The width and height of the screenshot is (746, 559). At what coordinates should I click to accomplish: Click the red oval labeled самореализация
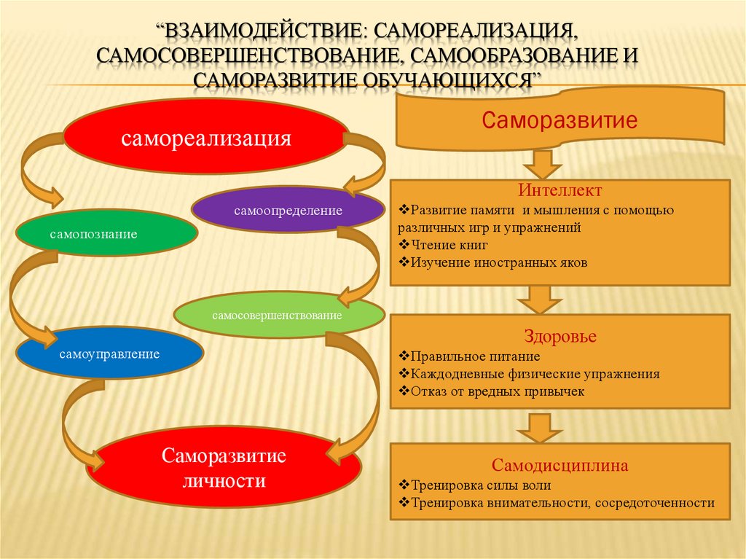click(205, 137)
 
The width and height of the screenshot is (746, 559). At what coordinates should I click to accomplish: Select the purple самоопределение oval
click(288, 210)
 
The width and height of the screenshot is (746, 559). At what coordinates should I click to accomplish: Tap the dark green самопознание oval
click(106, 232)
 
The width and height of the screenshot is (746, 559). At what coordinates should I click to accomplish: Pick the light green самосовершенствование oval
click(279, 315)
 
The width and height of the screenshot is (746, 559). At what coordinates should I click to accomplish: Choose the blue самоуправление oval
click(110, 353)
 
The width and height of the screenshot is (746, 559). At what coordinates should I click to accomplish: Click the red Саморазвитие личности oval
click(224, 468)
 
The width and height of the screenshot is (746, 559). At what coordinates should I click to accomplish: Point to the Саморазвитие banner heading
click(559, 120)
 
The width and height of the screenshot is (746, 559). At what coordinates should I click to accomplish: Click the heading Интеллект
click(560, 190)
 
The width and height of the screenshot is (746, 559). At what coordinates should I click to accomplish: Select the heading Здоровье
click(560, 336)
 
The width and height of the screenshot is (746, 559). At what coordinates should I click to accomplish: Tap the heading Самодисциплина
click(560, 465)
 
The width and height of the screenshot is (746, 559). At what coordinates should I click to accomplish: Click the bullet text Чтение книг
click(444, 245)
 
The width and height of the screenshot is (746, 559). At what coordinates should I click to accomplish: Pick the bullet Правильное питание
click(470, 356)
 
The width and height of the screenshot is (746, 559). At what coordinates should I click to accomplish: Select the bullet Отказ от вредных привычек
click(492, 391)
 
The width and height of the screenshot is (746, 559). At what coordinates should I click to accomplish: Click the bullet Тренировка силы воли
click(475, 485)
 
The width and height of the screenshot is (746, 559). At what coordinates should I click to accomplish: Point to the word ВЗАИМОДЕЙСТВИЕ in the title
click(262, 31)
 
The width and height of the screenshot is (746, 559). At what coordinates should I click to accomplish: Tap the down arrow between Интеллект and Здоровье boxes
click(540, 300)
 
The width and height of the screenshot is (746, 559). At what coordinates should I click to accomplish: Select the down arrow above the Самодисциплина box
click(540, 428)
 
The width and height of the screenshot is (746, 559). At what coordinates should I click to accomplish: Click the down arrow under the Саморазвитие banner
click(542, 165)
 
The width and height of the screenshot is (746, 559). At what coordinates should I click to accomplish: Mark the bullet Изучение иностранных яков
click(493, 263)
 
